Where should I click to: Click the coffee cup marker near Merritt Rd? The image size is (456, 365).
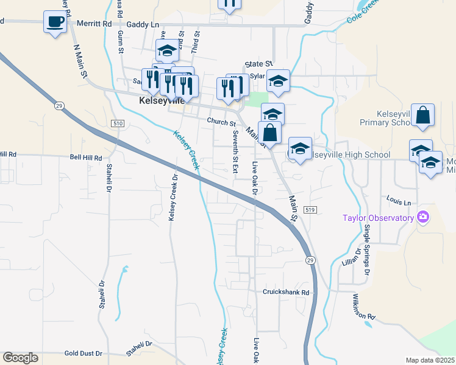(x=55, y=23)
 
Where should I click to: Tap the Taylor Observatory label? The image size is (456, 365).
(x=378, y=217)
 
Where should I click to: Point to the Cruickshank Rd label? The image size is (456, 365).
(x=287, y=292)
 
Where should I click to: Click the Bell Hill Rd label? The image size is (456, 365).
(x=85, y=157)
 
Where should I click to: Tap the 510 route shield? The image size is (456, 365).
(x=118, y=123)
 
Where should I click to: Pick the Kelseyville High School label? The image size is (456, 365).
(x=351, y=155)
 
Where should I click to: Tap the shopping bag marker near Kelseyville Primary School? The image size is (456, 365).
(x=423, y=116)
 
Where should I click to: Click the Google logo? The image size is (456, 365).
(x=20, y=358)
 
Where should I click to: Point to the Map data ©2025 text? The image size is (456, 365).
(x=429, y=360)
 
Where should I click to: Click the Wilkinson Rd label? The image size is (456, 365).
(x=363, y=307)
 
